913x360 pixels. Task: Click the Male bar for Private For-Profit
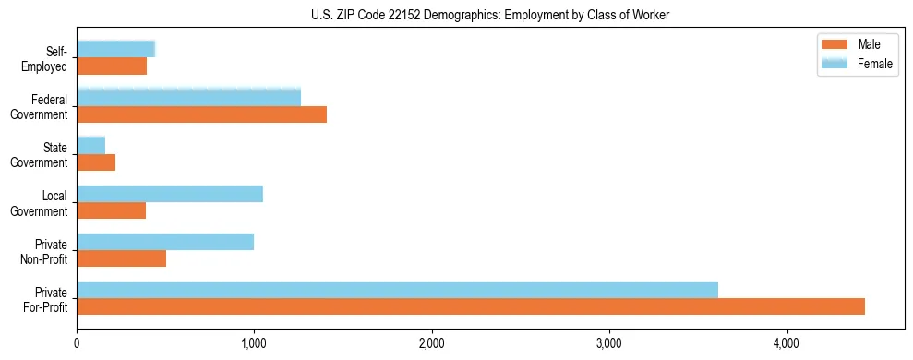click(x=471, y=306)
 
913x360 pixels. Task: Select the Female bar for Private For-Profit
click(x=397, y=290)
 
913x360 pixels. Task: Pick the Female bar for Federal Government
click(x=188, y=97)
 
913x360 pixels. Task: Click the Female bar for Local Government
click(x=170, y=194)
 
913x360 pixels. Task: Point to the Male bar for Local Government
click(x=111, y=210)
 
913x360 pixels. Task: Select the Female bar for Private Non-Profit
click(x=165, y=242)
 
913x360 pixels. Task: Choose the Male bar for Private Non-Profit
click(x=121, y=258)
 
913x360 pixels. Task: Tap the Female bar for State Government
click(x=90, y=145)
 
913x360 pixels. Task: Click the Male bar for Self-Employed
click(x=112, y=66)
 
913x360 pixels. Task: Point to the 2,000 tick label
click(x=432, y=343)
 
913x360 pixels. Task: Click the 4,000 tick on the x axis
click(x=787, y=343)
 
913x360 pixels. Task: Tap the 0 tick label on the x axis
click(x=77, y=343)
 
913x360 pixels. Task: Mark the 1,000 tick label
click(x=254, y=343)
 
